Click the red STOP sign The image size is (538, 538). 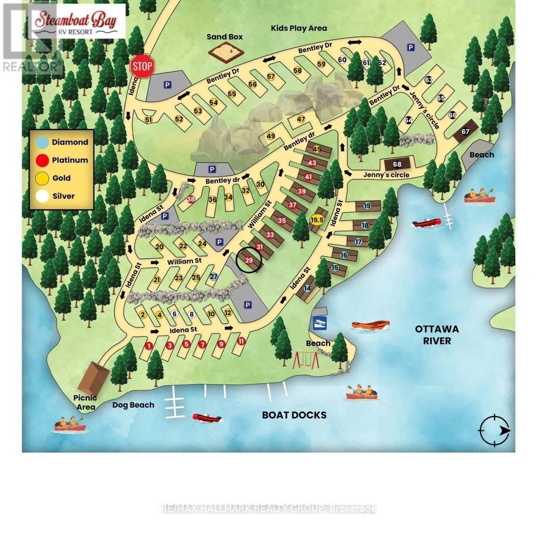[142, 66]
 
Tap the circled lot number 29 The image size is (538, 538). [249, 260]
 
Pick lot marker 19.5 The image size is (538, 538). [317, 220]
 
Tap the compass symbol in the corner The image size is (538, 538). [494, 430]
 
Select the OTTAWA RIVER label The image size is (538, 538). [437, 335]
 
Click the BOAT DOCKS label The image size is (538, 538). [294, 415]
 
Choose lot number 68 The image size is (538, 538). [397, 165]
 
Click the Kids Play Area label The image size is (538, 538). [298, 28]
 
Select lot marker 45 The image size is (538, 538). [317, 149]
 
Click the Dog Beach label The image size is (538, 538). [133, 405]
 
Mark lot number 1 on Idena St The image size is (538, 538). [149, 345]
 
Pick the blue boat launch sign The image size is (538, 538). [320, 324]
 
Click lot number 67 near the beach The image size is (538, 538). [466, 132]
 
